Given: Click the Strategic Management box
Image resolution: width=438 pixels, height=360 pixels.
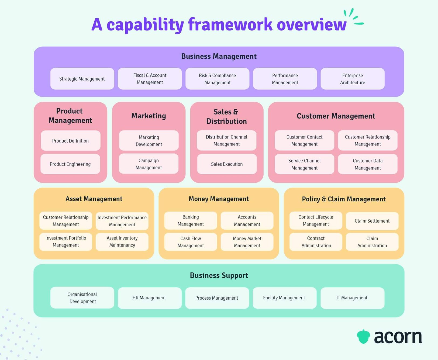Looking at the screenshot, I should tap(82, 79).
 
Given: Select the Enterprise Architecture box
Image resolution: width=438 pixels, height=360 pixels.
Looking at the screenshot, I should tap(352, 79).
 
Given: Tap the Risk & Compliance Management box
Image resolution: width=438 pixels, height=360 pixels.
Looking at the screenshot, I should tap(217, 79).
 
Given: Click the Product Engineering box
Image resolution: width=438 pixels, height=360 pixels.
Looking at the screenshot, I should tap(70, 164).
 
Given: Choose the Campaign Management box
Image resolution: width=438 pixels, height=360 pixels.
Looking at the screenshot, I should tap(149, 164).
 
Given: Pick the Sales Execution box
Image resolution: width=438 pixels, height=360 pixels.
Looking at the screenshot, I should tap(227, 164).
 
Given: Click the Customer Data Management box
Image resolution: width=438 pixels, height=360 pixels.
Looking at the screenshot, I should tap(368, 164).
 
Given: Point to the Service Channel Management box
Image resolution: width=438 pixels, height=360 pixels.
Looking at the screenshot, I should tap(304, 164).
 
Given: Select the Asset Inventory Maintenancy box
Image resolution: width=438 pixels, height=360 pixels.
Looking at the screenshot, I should tap(122, 242).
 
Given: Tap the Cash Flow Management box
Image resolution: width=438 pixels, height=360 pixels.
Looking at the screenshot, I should tap(191, 242).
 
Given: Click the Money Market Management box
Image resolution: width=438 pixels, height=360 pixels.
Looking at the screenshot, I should tap(247, 242).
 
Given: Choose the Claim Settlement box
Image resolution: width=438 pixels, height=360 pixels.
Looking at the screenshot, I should tap(372, 221).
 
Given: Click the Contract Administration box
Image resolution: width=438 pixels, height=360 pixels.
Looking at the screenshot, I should tap(316, 242).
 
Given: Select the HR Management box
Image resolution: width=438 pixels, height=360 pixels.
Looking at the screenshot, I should tap(149, 298).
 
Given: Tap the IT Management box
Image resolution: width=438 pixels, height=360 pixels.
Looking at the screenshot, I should tap(352, 298).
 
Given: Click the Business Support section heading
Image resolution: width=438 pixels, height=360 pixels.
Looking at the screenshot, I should tap(219, 275).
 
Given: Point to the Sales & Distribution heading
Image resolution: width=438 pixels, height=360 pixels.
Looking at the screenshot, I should tap(226, 116).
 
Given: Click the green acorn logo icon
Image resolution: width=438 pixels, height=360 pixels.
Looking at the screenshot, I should tap(363, 337).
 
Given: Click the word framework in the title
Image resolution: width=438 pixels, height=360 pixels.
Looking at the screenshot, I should tap(230, 25).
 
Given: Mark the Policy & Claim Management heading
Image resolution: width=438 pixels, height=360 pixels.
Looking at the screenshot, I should tap(344, 199).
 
